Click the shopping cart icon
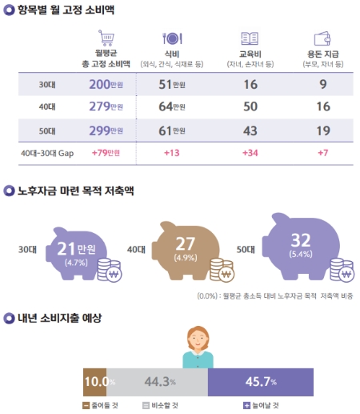pos(106,38)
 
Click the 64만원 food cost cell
pos(173,107)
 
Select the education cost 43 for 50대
pos(250,130)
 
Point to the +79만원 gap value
pos(106,152)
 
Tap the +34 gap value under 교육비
pos(250,152)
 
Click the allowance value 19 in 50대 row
pos(324,130)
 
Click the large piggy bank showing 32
pos(305,245)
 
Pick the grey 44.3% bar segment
pos(158,382)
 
